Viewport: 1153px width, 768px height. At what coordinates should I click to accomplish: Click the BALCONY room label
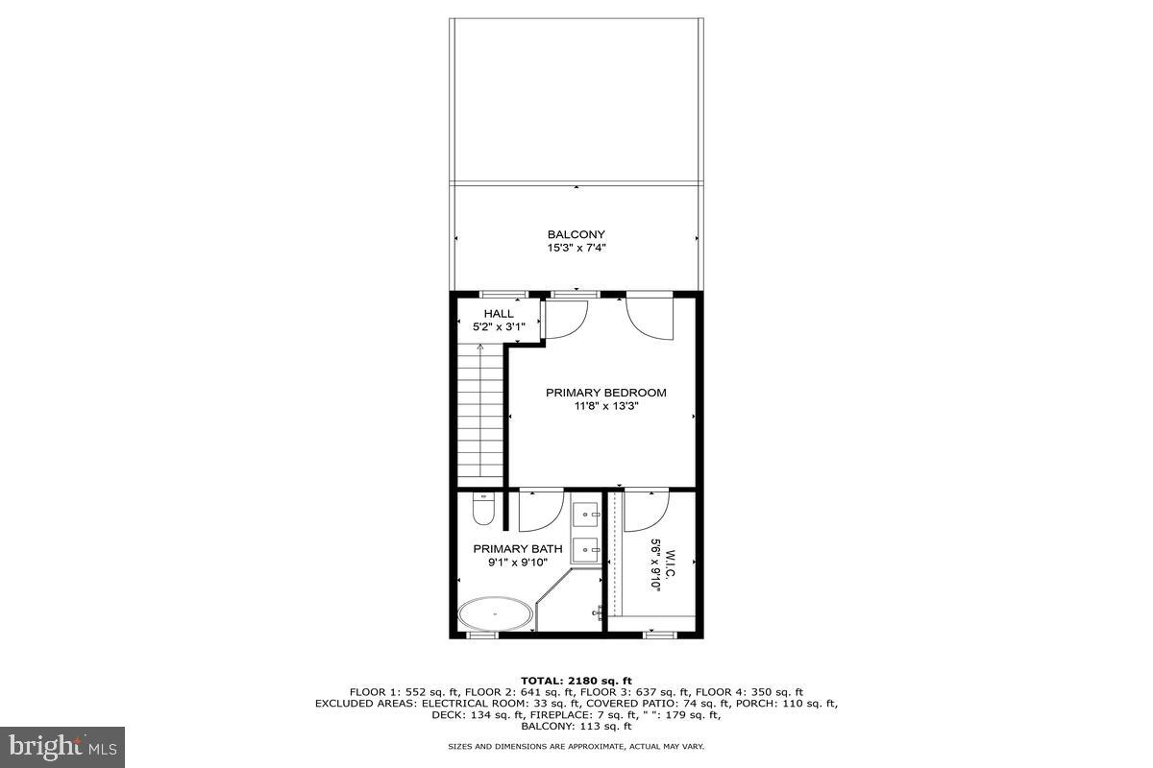point(576,234)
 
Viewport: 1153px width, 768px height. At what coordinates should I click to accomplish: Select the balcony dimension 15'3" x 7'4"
point(576,248)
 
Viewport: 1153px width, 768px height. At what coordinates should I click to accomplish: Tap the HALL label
point(498,313)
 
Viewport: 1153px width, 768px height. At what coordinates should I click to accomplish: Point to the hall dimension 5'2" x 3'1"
point(498,327)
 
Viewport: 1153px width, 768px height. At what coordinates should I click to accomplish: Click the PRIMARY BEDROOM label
point(605,392)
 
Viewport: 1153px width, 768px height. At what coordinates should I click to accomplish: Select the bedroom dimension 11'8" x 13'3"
point(605,406)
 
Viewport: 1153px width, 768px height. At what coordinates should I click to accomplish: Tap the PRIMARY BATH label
point(517,549)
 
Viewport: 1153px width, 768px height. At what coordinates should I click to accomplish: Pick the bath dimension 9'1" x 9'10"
point(517,563)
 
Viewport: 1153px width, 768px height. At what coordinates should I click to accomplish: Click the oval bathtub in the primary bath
point(495,612)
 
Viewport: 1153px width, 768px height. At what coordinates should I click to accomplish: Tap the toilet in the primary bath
point(483,509)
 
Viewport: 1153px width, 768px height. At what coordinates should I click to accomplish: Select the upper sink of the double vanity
point(586,516)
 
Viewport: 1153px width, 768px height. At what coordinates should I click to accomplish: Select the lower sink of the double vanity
point(586,551)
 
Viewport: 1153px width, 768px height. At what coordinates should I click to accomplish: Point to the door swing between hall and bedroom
point(565,319)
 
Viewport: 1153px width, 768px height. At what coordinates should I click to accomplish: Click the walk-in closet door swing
point(646,511)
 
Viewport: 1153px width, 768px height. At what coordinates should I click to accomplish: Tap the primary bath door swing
point(540,511)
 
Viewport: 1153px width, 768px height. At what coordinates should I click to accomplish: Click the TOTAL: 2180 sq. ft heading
point(576,680)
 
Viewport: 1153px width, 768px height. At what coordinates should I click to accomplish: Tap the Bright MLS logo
point(62,745)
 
